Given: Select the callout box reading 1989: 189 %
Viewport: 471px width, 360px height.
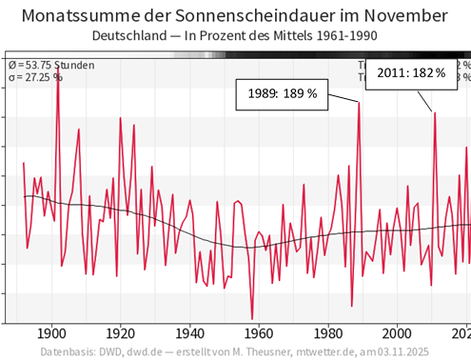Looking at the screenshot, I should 285,93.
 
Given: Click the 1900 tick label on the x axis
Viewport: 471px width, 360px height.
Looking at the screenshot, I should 51,333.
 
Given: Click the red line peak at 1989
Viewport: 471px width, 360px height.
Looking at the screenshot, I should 359,103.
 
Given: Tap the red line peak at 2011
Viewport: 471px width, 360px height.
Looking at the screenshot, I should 435,113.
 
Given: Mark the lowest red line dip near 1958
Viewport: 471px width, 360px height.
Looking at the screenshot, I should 252,318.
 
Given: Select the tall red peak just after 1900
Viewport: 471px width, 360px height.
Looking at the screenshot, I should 57,80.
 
